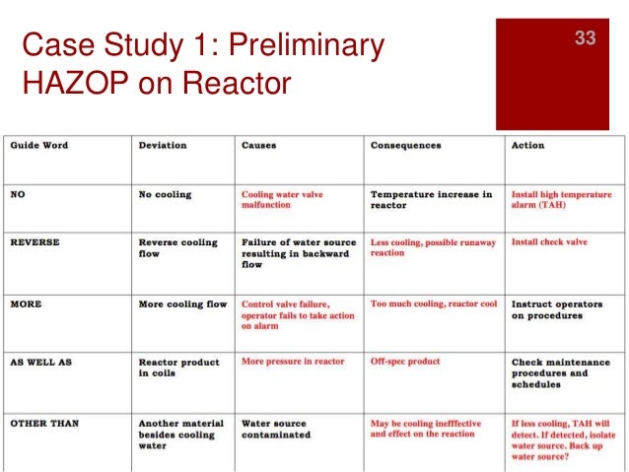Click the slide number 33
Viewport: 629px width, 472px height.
click(x=586, y=38)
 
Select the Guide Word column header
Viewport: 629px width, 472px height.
click(x=39, y=145)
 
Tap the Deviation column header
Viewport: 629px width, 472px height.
click(x=163, y=145)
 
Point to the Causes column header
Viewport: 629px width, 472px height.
click(x=259, y=145)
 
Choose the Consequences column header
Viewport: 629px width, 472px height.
click(x=407, y=145)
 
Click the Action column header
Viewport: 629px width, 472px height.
click(x=527, y=145)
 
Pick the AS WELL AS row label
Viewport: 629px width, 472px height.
click(x=40, y=362)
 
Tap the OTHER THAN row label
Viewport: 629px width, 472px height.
click(x=43, y=423)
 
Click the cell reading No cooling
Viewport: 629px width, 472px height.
click(x=165, y=194)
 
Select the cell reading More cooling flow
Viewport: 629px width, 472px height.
click(x=182, y=303)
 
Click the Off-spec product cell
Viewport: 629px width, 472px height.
click(x=405, y=362)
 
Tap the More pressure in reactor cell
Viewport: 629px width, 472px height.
click(x=293, y=362)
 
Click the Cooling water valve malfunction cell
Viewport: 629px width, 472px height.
click(x=282, y=200)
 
